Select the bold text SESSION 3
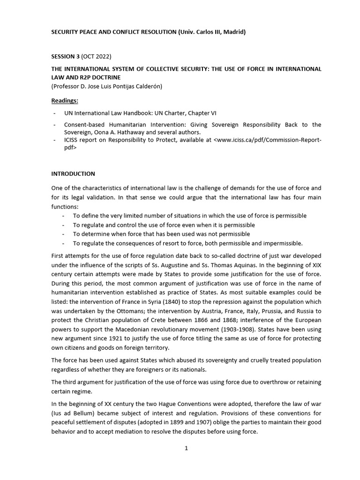click(66, 57)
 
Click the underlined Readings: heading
click(65, 100)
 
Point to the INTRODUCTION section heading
click(73, 173)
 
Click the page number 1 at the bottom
click(186, 448)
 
